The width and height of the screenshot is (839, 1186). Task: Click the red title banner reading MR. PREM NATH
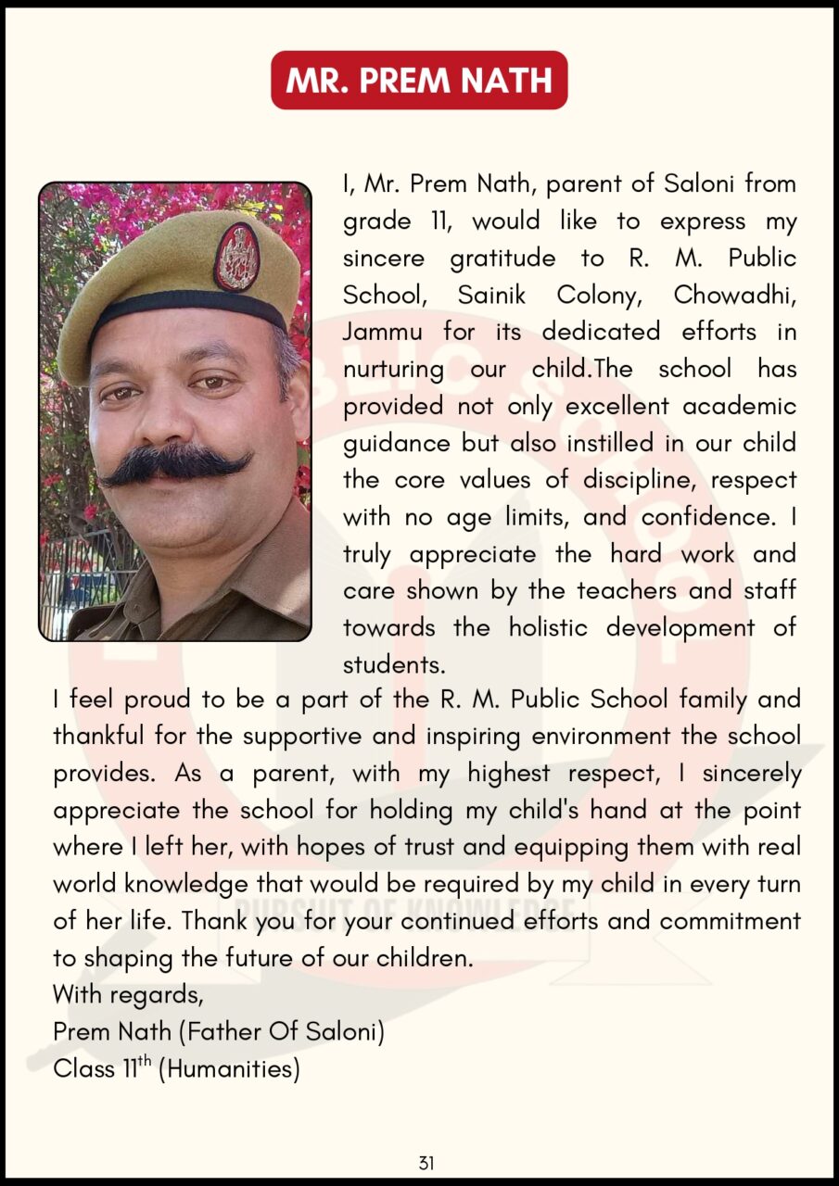tap(419, 81)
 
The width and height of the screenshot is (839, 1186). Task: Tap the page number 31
tap(426, 1164)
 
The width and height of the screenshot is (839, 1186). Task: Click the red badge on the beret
tap(236, 258)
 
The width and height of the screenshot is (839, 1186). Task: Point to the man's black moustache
tap(176, 463)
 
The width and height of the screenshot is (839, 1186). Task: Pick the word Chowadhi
tap(734, 295)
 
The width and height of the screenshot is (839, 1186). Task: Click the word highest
tap(509, 774)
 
